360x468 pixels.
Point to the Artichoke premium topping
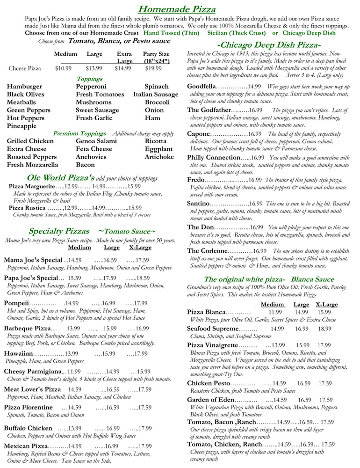[x=159, y=157]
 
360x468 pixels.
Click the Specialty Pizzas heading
[x=59, y=231]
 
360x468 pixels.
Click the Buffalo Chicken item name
[x=28, y=428]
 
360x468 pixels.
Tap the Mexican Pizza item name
[x=26, y=446]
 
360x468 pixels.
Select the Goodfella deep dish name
[x=201, y=87]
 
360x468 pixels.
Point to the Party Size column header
[x=156, y=54]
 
